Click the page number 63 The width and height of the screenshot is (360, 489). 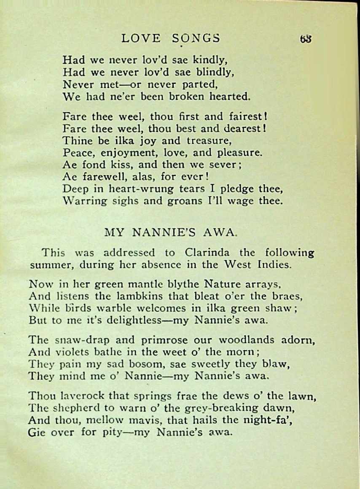306,38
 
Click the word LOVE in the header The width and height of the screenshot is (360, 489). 141,38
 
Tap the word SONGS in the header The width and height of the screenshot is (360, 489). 196,38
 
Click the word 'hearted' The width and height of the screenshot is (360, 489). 230,96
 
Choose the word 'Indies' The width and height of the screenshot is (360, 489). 274,265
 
